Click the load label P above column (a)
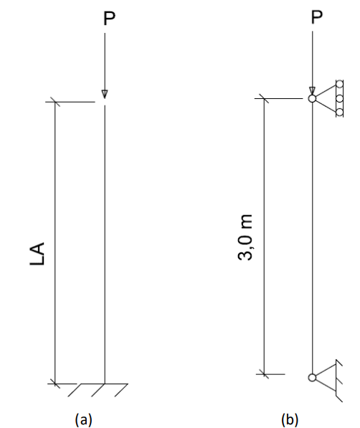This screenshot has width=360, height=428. tap(110, 19)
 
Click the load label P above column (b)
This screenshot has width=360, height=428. tap(317, 17)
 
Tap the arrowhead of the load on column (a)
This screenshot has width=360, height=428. tap(105, 94)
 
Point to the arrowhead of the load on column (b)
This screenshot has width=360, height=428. tap(312, 91)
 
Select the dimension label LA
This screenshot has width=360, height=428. tap(37, 254)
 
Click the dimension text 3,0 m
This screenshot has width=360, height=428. tap(245, 237)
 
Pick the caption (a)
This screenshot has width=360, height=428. tap(84, 419)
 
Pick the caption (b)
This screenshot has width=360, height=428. tap(290, 419)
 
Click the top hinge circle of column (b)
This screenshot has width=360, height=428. tap(312, 98)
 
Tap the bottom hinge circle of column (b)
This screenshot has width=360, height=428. tap(312, 378)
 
